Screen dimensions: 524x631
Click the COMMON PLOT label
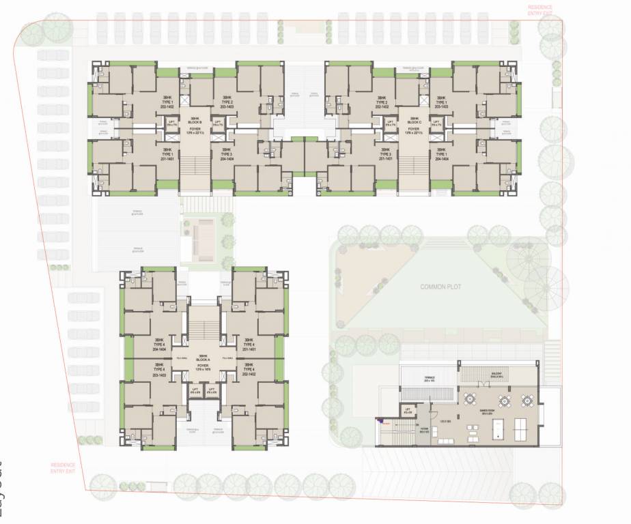(440, 287)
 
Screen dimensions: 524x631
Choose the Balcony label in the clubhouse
(496, 374)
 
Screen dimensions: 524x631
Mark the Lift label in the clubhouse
(408, 411)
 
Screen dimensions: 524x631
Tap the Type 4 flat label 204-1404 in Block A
(161, 345)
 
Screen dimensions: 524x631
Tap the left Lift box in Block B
(171, 124)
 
